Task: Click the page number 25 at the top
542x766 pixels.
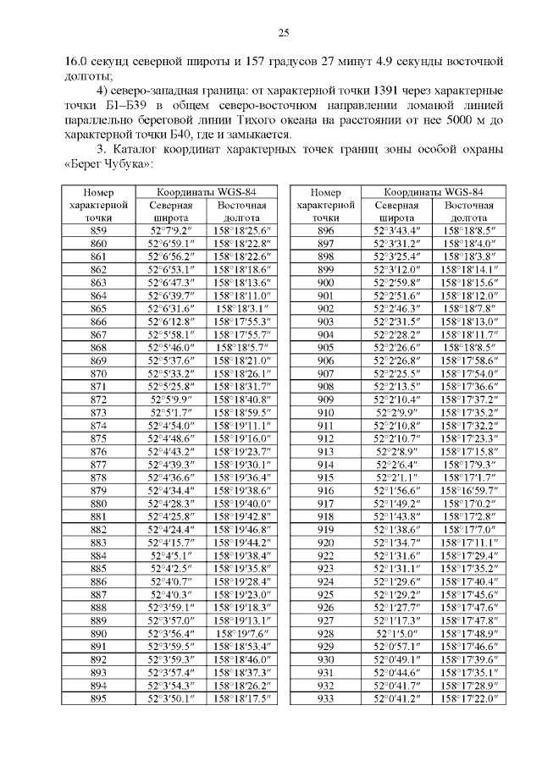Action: (283, 32)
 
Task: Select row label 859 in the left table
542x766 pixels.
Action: (98, 230)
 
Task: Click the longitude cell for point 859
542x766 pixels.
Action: (241, 230)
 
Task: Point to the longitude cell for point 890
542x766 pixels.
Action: (241, 632)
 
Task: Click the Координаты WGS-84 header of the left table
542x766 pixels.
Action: (206, 192)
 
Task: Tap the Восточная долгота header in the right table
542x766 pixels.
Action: (468, 212)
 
